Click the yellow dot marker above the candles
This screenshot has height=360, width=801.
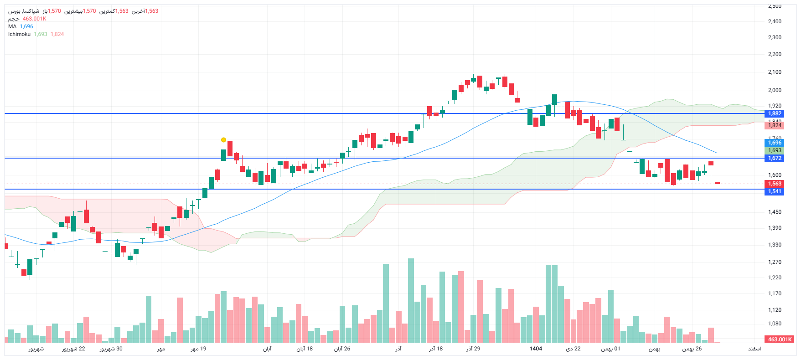click(x=223, y=140)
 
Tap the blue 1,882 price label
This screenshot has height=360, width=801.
click(x=774, y=113)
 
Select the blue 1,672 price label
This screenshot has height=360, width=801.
click(x=774, y=158)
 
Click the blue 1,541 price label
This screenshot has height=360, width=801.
click(x=774, y=191)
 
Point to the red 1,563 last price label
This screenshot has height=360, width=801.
click(x=774, y=184)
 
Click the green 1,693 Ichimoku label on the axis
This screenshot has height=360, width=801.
click(x=774, y=150)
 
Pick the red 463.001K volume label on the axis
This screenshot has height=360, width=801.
click(x=780, y=339)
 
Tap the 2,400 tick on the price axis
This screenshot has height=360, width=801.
click(x=775, y=21)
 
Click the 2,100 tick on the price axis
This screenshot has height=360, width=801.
click(x=775, y=72)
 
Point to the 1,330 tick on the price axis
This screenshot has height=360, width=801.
click(x=775, y=245)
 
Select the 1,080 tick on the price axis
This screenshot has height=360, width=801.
click(x=775, y=324)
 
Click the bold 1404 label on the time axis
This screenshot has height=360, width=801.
click(x=536, y=349)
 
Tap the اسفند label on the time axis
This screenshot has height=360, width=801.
click(x=754, y=349)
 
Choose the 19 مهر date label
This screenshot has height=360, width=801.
click(x=198, y=349)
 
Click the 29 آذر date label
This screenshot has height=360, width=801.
click(x=473, y=349)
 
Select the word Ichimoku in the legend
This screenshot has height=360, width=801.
click(x=19, y=34)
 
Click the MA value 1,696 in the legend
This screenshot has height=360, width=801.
click(x=26, y=26)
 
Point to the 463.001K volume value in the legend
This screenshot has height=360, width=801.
click(x=35, y=19)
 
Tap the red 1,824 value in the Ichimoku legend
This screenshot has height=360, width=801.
click(x=57, y=34)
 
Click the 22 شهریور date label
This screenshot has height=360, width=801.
click(x=74, y=349)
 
